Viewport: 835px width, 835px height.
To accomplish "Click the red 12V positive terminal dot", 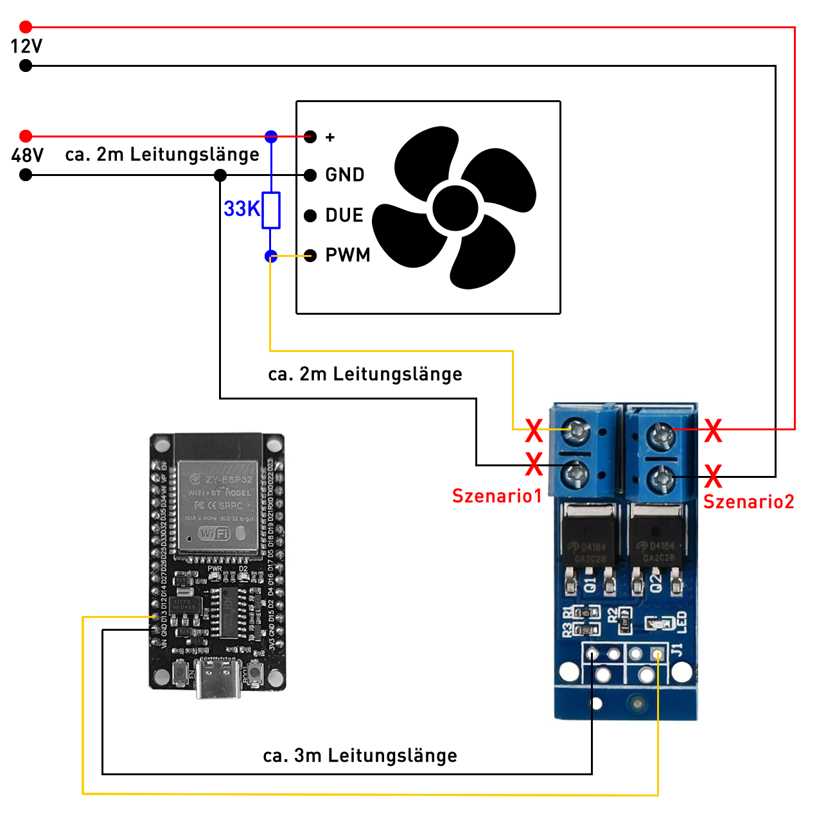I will tap(26, 27).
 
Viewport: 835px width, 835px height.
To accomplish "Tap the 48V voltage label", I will tap(28, 155).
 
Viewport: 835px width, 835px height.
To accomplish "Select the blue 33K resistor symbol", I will tap(271, 210).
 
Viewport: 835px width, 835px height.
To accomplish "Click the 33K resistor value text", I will tap(242, 209).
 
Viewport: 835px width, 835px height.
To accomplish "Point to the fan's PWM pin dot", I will tap(310, 256).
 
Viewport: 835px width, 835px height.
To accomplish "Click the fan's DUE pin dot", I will tap(310, 216).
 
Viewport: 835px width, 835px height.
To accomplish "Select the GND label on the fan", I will tap(345, 175).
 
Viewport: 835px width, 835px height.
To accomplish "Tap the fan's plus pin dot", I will tap(310, 137).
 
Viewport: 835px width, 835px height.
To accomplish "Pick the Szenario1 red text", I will tap(497, 496).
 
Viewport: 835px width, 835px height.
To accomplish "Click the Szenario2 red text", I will tap(749, 502).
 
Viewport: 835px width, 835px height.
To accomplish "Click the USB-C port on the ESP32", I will tap(218, 680).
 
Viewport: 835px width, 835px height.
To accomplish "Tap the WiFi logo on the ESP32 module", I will tap(215, 533).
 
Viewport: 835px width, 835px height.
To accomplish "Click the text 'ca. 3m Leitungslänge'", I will tap(360, 756).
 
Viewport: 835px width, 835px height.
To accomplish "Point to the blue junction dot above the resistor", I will tap(271, 137).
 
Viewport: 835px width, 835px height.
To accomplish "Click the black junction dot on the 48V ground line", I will tap(220, 175).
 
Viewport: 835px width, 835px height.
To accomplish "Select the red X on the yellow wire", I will tap(534, 430).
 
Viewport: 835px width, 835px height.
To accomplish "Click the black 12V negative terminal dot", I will tap(26, 66).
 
